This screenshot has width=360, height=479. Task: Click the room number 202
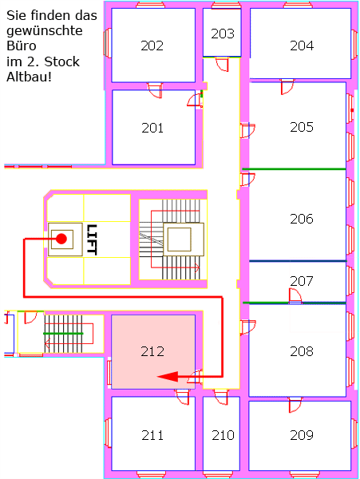[152, 46]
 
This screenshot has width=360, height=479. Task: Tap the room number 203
[223, 34]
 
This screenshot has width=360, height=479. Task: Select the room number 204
[302, 46]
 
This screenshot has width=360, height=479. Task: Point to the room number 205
[302, 127]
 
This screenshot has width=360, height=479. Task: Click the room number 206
[302, 219]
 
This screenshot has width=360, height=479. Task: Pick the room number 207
[302, 281]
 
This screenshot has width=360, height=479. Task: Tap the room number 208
[302, 351]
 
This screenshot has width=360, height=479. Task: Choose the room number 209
[302, 435]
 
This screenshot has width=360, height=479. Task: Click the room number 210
[223, 435]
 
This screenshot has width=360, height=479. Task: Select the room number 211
[152, 435]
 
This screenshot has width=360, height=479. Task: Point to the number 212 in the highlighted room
[152, 351]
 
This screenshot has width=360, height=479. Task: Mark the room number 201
[152, 128]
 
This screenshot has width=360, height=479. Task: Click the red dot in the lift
[61, 239]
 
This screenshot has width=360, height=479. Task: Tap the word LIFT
[92, 239]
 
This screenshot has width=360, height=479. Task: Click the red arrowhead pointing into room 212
[168, 377]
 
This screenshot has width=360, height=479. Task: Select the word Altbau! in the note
[29, 77]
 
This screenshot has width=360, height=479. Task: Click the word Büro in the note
[22, 46]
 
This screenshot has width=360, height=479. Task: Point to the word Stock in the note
[61, 61]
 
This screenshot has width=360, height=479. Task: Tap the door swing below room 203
[223, 65]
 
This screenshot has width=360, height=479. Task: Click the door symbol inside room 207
[295, 295]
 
